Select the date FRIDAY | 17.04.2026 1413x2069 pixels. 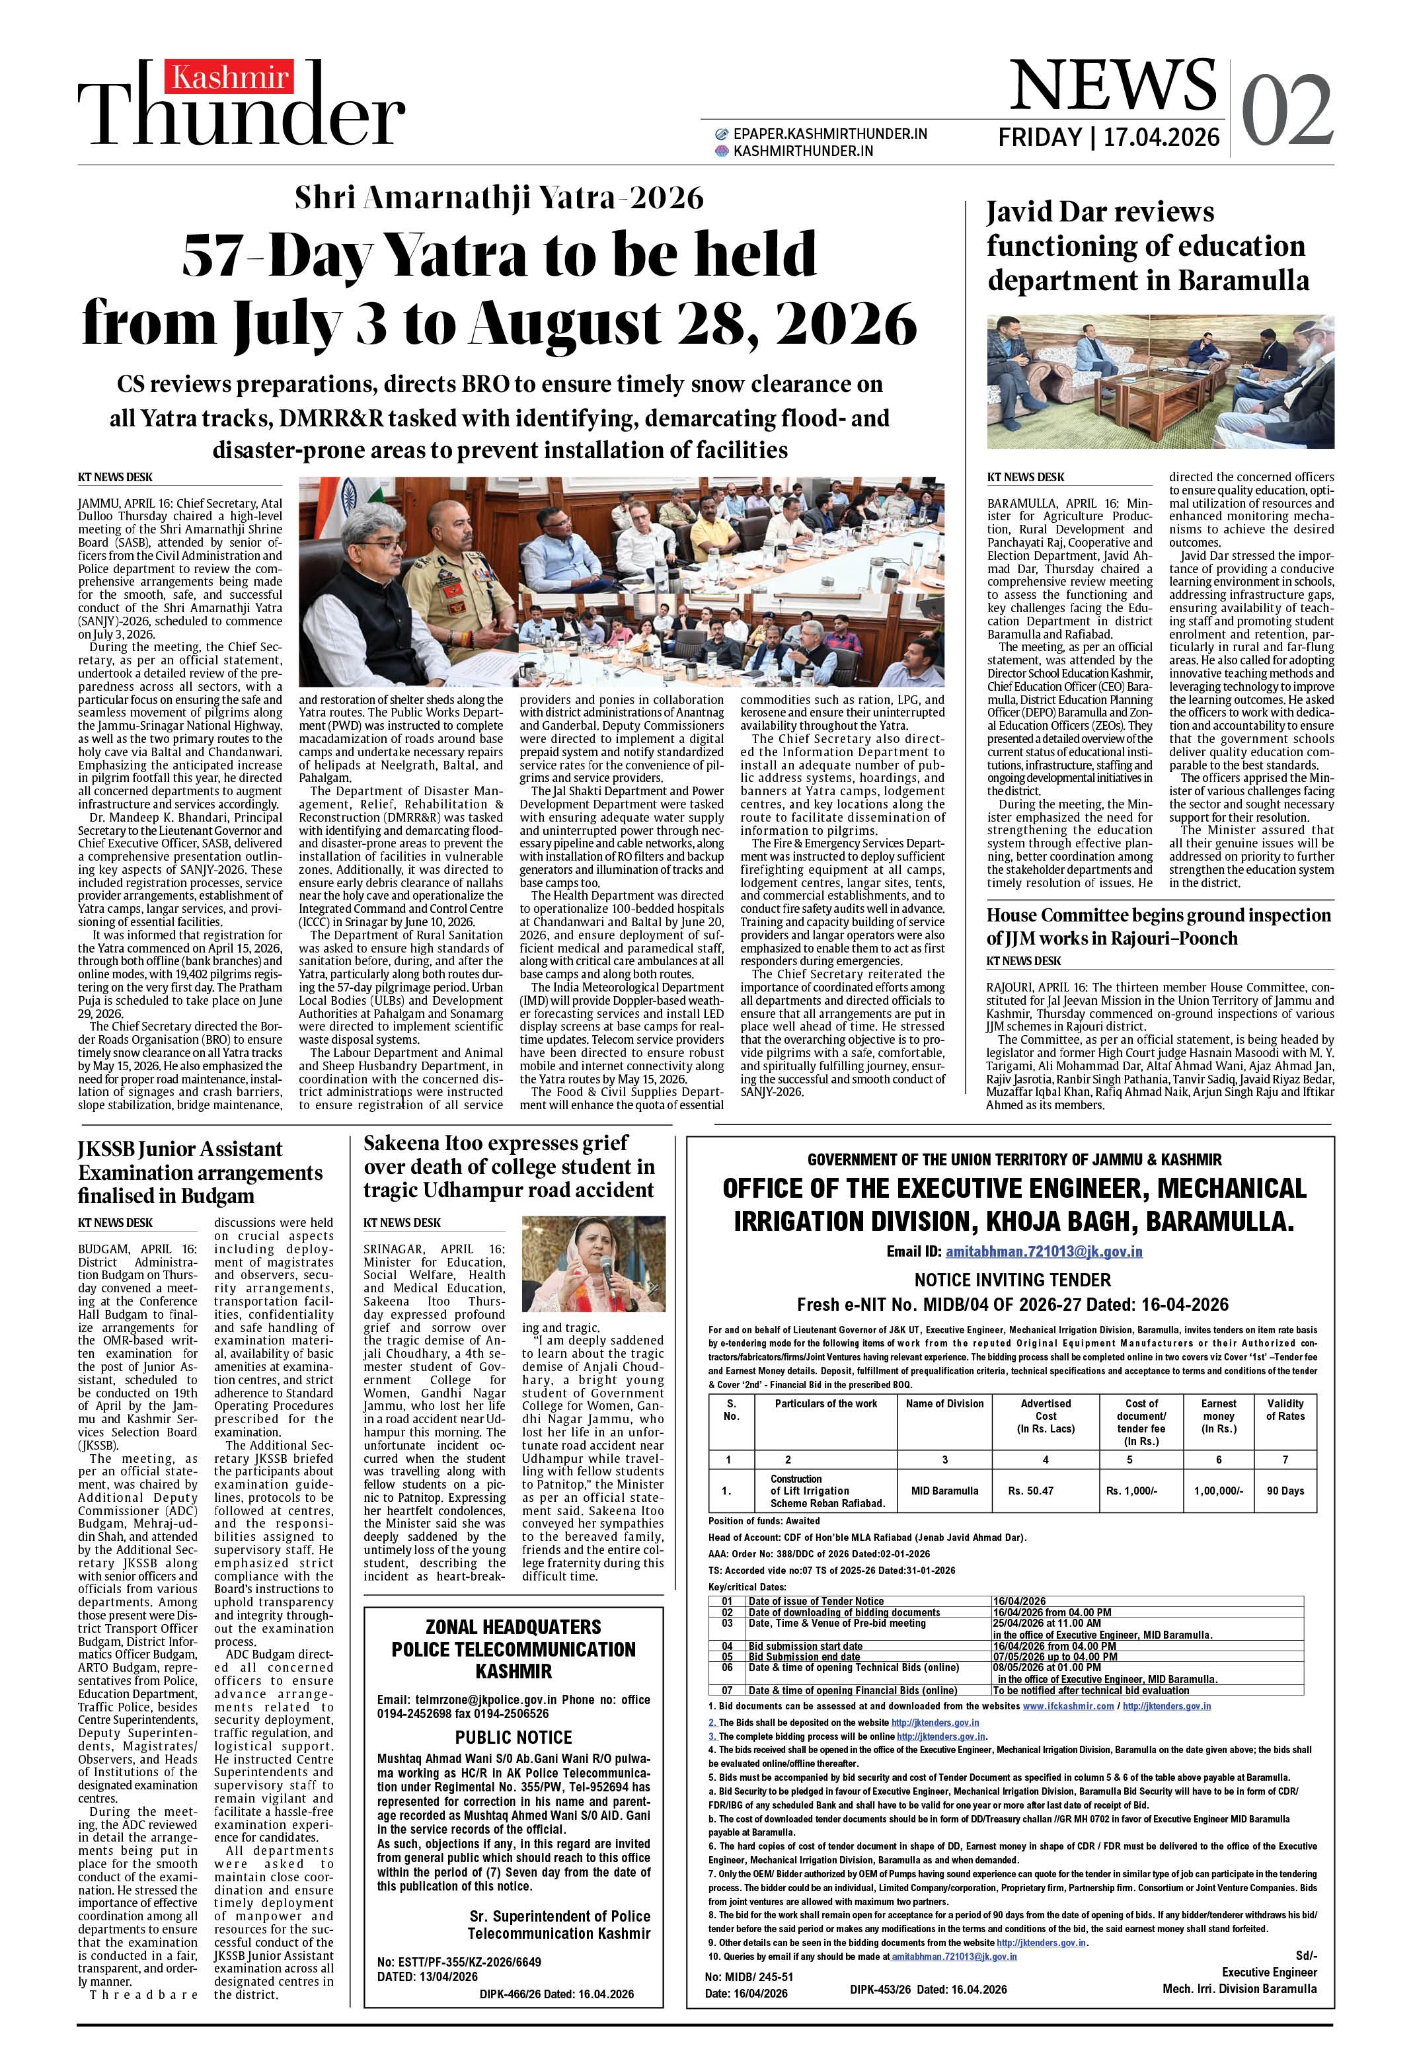pos(1108,137)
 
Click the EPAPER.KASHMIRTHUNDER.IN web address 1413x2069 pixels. pos(829,134)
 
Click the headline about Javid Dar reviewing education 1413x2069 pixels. pos(1147,246)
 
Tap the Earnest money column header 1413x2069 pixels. pos(1218,1415)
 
